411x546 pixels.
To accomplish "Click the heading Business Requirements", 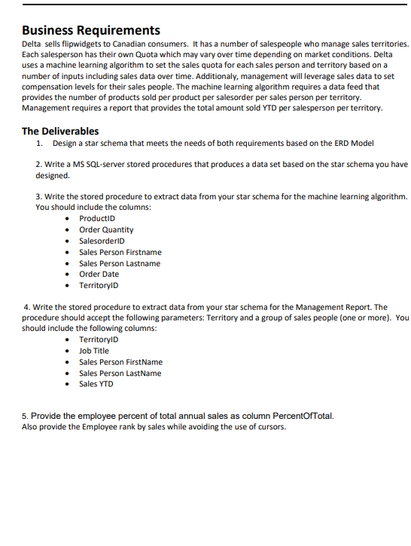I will pos(91,31).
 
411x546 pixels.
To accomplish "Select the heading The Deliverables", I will pos(60,131).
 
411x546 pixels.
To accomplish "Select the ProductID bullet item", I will pos(97,218).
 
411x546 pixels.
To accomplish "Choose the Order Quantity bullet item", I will pos(106,229).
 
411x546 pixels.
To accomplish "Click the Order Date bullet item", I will pos(99,275).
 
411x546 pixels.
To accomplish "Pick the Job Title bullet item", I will pos(94,350).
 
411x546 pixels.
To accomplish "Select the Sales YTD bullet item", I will pos(96,384).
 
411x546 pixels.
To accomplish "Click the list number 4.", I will pos(27,307).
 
